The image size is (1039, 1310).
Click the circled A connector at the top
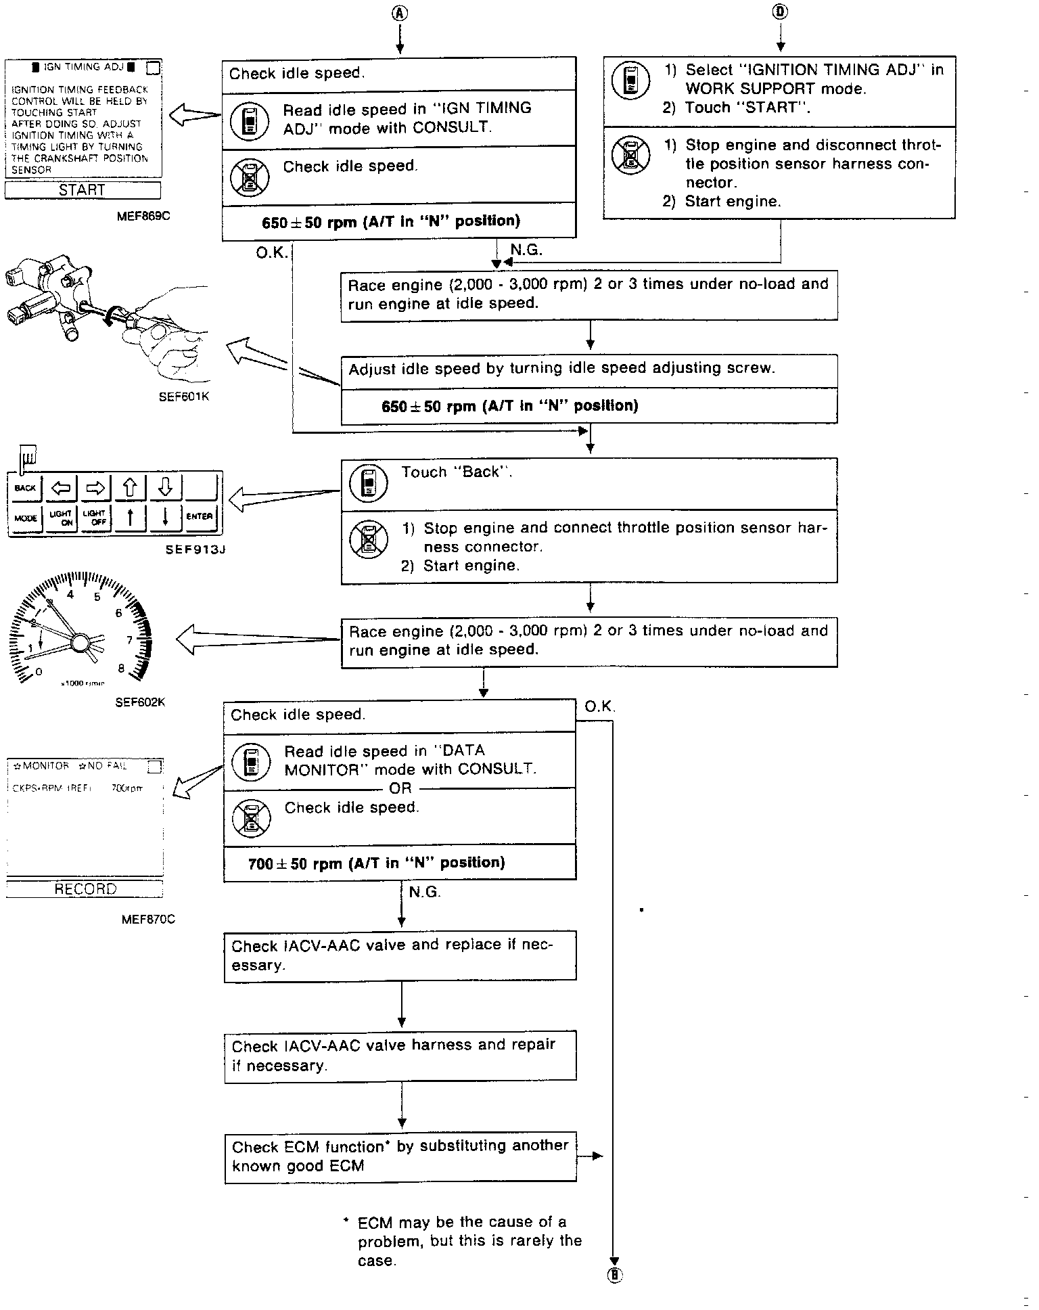tap(400, 13)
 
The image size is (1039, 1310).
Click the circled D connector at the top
tap(781, 12)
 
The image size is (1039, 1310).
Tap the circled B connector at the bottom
tap(615, 1275)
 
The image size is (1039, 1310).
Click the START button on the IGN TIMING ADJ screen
tap(83, 190)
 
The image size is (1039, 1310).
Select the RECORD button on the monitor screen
tap(85, 888)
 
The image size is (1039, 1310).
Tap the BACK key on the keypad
tap(25, 488)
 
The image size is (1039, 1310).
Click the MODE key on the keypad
tap(25, 518)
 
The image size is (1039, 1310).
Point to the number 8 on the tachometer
tap(121, 669)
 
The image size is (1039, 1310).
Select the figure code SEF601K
tap(183, 397)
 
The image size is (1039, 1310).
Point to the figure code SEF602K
tap(140, 702)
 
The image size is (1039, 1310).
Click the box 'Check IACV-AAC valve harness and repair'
tap(400, 1056)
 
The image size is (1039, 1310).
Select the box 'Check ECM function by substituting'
tap(400, 1156)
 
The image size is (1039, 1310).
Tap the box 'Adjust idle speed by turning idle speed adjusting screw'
tap(588, 369)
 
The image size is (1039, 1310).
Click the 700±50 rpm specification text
tap(377, 863)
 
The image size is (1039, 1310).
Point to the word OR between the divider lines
tap(400, 788)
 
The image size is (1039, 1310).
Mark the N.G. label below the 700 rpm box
tap(425, 893)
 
